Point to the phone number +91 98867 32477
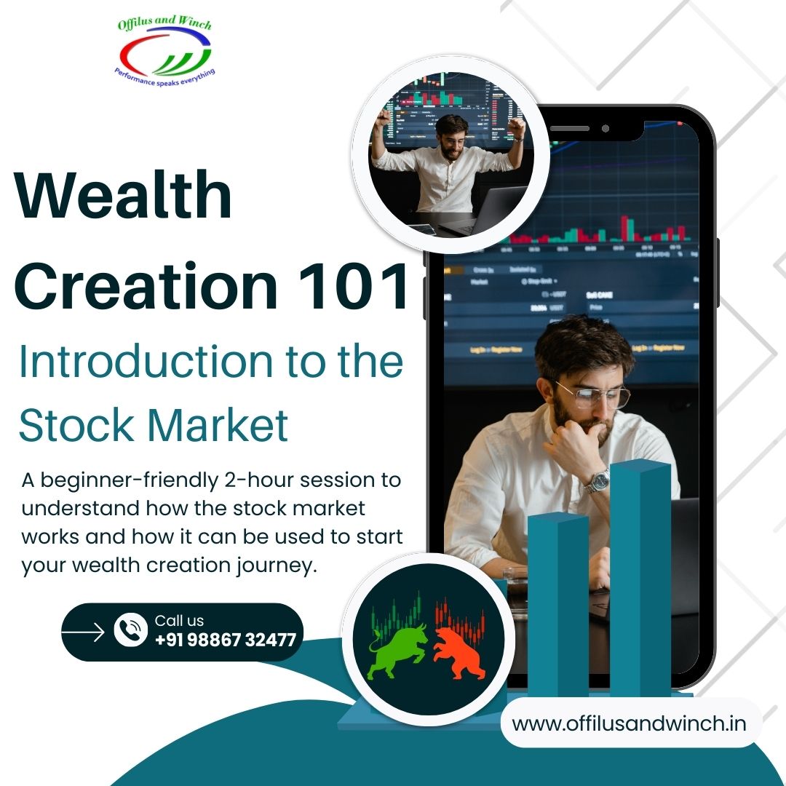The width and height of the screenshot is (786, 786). [x=226, y=640]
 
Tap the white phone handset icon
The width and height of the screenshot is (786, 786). [x=131, y=630]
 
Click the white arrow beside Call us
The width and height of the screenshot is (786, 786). [x=84, y=632]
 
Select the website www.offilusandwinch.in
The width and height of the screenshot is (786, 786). [x=629, y=723]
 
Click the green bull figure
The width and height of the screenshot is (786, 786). [x=396, y=647]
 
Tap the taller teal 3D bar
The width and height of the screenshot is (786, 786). [x=640, y=582]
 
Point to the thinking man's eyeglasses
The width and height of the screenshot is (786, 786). [x=593, y=395]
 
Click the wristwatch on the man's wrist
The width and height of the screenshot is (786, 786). [x=598, y=481]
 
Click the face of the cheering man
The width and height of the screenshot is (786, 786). [x=451, y=136]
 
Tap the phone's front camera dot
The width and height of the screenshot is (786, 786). [x=605, y=129]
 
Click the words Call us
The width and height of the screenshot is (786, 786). [x=179, y=621]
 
